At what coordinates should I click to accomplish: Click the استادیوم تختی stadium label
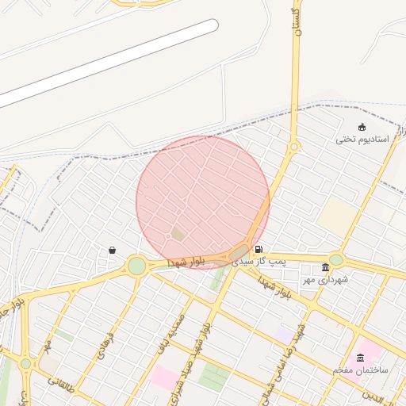click(x=362, y=139)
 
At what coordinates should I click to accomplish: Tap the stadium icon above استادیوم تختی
click(x=362, y=127)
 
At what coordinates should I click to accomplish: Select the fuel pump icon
click(x=259, y=249)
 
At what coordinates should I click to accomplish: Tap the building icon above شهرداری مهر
click(x=325, y=267)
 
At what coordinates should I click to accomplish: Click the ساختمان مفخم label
click(x=360, y=370)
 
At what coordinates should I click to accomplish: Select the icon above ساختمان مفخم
click(x=361, y=358)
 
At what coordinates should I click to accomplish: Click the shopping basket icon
click(x=112, y=251)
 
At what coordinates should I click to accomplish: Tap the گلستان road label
click(x=298, y=24)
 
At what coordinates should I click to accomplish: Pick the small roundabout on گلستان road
click(x=293, y=147)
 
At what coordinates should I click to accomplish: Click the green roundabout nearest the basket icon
click(x=137, y=265)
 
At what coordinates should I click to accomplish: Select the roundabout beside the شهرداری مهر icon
click(x=336, y=259)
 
